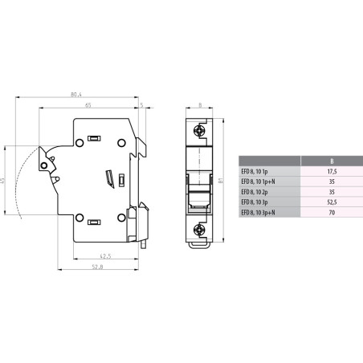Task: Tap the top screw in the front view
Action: click(x=198, y=128)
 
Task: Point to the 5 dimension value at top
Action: click(x=141, y=104)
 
